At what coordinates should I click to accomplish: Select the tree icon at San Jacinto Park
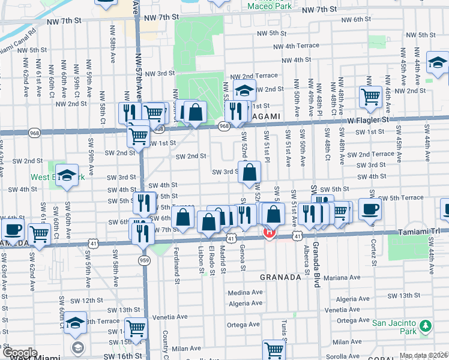click(426, 326)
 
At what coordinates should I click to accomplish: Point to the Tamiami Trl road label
click(415, 231)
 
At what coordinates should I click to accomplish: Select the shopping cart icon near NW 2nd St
click(370, 96)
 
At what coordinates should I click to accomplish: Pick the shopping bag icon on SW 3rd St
click(250, 172)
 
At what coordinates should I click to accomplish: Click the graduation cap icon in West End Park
click(67, 175)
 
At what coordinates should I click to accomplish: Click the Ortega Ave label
click(243, 324)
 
